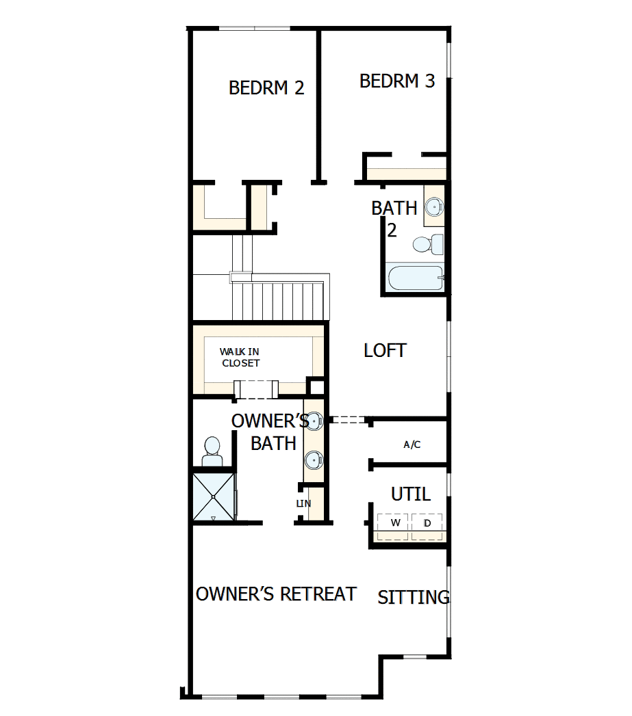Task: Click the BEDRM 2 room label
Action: [266, 88]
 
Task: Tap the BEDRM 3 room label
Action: [397, 81]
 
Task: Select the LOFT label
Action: [385, 351]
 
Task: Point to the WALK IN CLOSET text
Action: [240, 358]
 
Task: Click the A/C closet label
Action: [412, 445]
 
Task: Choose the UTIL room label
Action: [411, 494]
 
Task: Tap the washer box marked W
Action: [395, 524]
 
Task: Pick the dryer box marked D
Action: [427, 524]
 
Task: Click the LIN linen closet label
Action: [303, 504]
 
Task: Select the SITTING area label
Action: [414, 598]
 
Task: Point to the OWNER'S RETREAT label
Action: [276, 594]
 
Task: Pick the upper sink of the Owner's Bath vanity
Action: [314, 421]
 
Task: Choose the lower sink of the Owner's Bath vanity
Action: [314, 460]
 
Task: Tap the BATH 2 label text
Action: [394, 217]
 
